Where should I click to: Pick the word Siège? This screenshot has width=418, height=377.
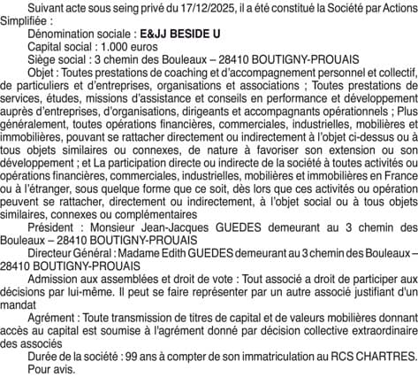(42, 54)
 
